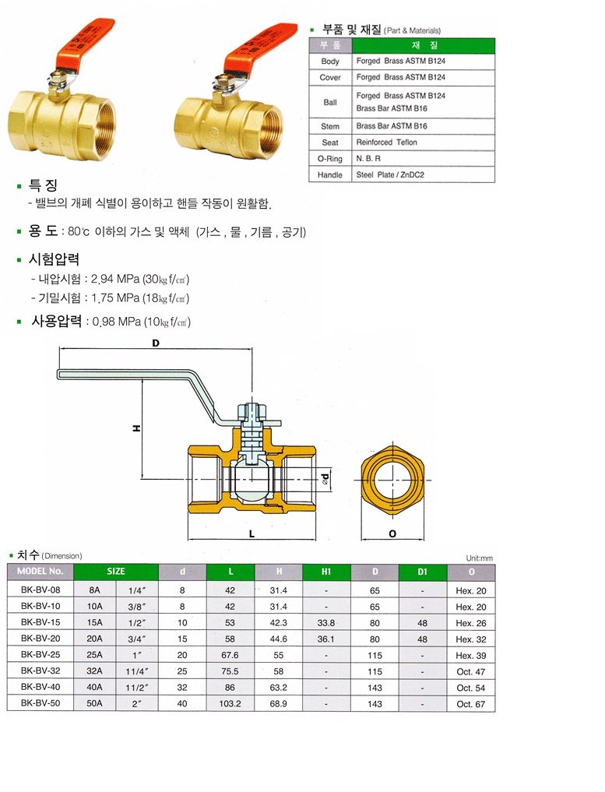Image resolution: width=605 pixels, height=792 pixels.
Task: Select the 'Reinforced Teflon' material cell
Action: (x=386, y=143)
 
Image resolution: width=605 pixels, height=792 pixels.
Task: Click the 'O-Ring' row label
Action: (x=330, y=159)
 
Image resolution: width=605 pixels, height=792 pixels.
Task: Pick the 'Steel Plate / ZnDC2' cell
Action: (x=390, y=175)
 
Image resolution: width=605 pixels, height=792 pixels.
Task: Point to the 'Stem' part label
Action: (x=330, y=125)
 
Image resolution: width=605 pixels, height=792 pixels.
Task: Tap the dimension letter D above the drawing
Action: (x=156, y=343)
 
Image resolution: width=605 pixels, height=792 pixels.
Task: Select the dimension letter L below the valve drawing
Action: (x=251, y=534)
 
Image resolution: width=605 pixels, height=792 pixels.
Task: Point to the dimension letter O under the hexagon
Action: (x=393, y=534)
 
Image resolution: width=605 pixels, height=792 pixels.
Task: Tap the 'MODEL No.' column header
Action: (x=40, y=572)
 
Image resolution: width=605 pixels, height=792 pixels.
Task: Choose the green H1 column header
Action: (x=326, y=572)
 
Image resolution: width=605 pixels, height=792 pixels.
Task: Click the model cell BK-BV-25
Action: (x=40, y=654)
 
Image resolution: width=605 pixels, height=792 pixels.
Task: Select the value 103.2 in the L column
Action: (x=230, y=703)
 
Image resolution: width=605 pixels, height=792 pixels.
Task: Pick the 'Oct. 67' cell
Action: (x=471, y=704)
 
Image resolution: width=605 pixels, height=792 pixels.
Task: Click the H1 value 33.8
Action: (x=326, y=622)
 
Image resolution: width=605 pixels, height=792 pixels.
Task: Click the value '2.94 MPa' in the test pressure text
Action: (x=116, y=279)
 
